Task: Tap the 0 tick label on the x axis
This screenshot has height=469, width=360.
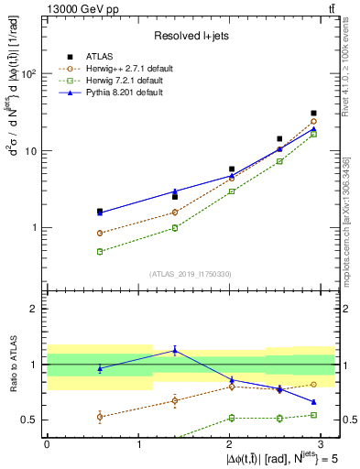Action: click(x=47, y=443)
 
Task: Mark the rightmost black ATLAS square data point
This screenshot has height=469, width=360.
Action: click(x=313, y=114)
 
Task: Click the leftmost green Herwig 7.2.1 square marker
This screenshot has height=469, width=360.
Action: click(x=99, y=251)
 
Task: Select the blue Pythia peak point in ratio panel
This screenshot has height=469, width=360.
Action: click(x=175, y=350)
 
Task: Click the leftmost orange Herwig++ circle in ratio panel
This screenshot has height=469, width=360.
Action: click(x=99, y=417)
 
